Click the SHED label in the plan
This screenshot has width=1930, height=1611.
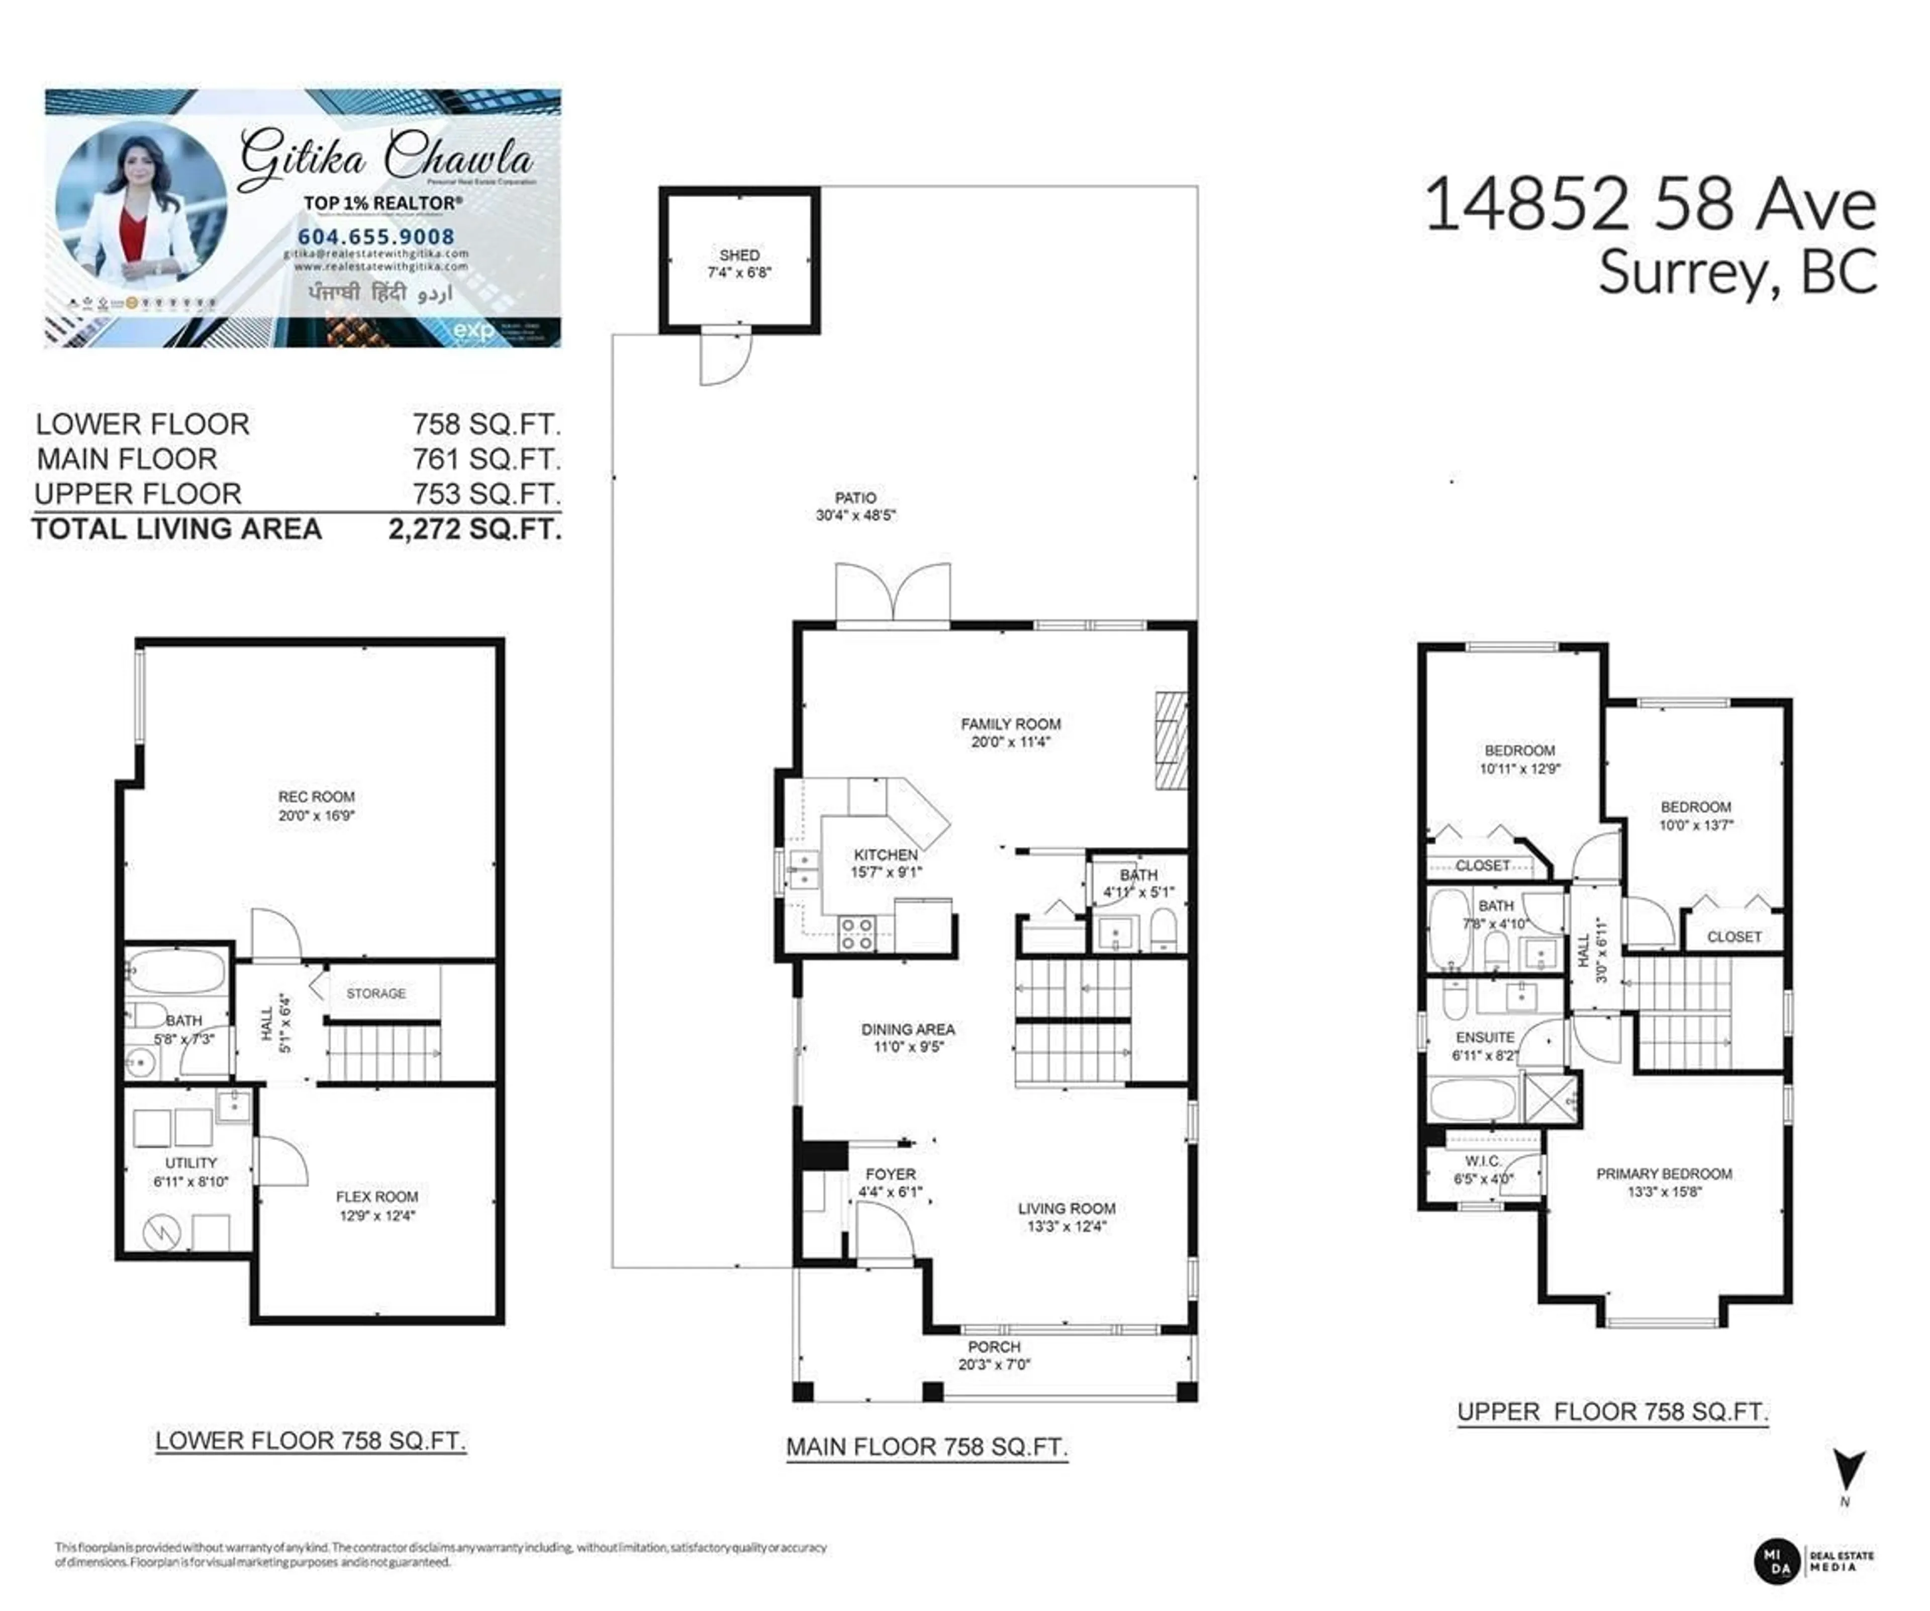click(x=739, y=255)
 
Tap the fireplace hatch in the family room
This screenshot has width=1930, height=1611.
click(x=1171, y=740)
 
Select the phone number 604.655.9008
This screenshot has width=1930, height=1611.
click(x=376, y=237)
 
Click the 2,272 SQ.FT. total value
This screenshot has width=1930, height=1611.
click(x=474, y=530)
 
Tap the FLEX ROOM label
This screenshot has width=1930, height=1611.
click(x=377, y=1196)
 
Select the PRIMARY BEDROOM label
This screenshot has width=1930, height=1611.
click(x=1664, y=1174)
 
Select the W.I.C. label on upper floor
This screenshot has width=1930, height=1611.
click(x=1482, y=1161)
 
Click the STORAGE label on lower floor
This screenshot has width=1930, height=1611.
click(x=376, y=993)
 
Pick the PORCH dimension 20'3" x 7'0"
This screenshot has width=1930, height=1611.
click(x=994, y=1365)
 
